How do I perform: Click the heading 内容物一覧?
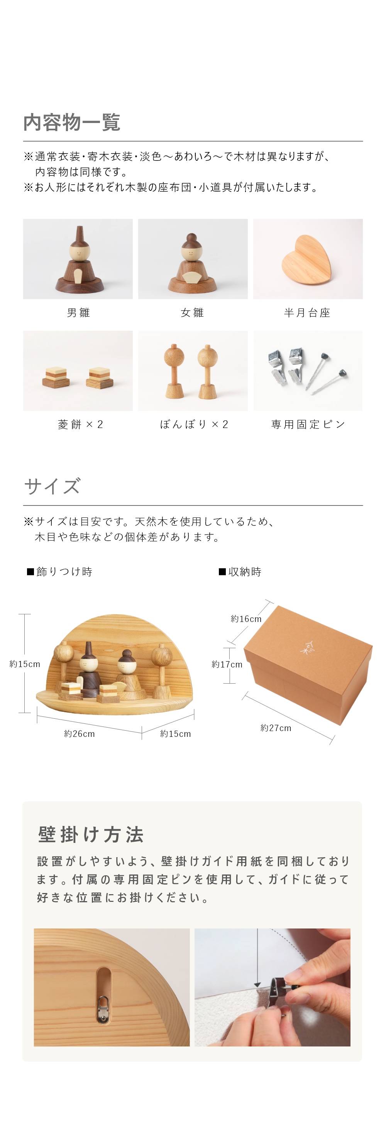click(72, 122)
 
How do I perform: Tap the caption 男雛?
click(78, 313)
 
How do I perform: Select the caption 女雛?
click(193, 313)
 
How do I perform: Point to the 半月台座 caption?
click(307, 313)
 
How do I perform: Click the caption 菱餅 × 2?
click(80, 425)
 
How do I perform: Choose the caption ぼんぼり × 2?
click(194, 425)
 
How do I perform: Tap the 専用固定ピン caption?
click(308, 425)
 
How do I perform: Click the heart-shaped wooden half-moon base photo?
click(307, 259)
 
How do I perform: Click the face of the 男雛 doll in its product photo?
click(79, 253)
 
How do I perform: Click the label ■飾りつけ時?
click(59, 572)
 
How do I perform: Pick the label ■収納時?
click(240, 572)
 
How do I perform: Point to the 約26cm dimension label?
click(79, 734)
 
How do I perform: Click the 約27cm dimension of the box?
click(276, 728)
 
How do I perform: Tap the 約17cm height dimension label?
click(227, 664)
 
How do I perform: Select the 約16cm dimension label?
click(246, 619)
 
